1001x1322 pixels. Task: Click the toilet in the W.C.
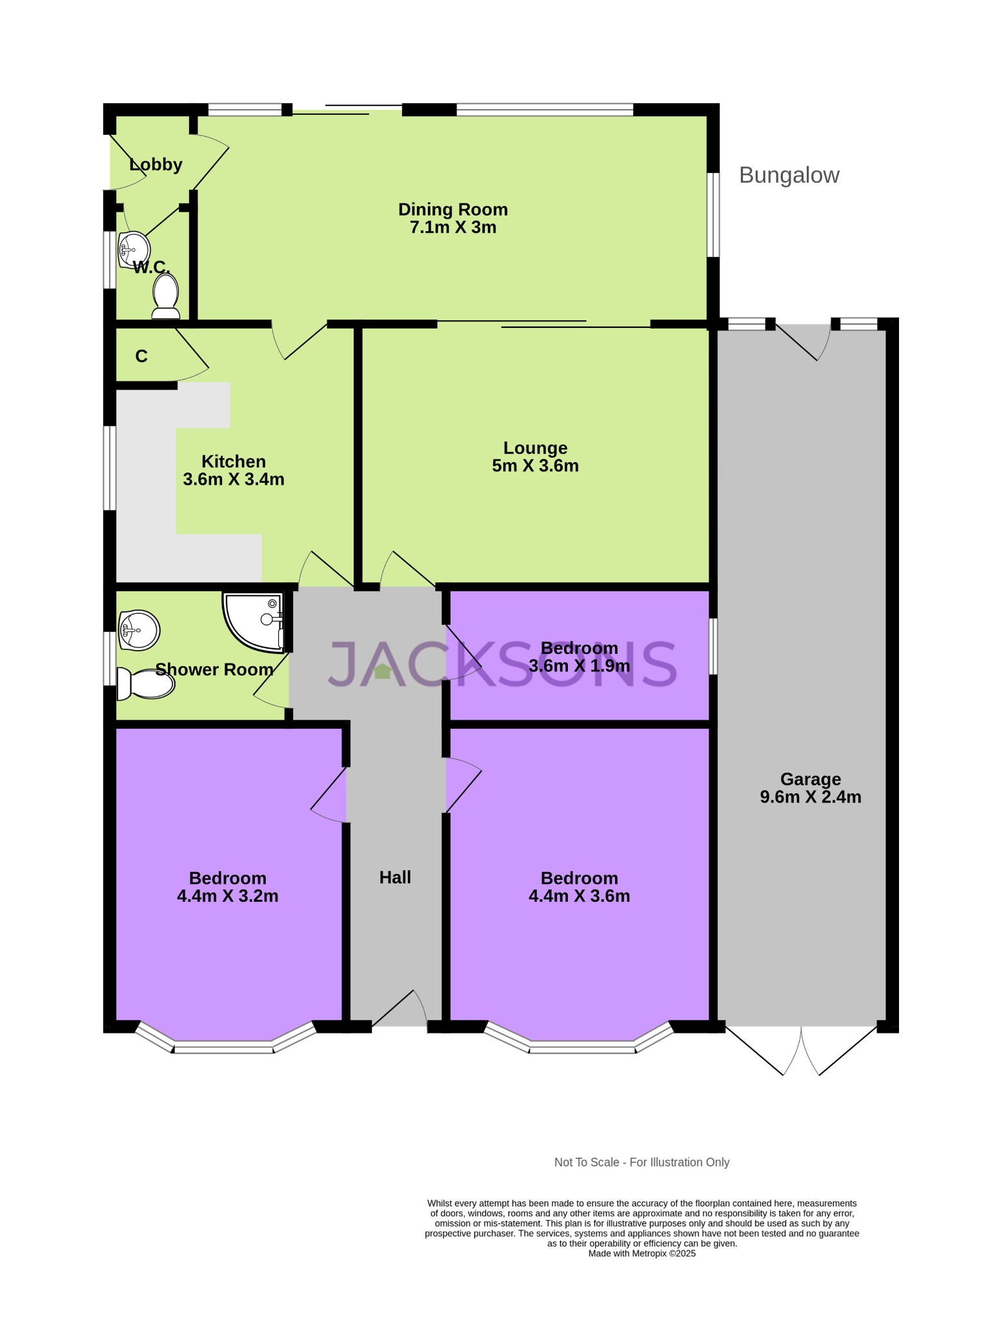pyautogui.click(x=166, y=297)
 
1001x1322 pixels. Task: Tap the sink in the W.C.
pyautogui.click(x=134, y=249)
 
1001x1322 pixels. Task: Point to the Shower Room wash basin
pyautogui.click(x=140, y=629)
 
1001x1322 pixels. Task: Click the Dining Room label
pyautogui.click(x=452, y=210)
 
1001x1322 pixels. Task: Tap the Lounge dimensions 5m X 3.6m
pyautogui.click(x=535, y=466)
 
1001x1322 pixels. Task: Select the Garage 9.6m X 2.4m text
pyautogui.click(x=810, y=797)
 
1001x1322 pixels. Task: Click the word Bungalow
pyautogui.click(x=789, y=176)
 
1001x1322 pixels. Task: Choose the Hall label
pyautogui.click(x=395, y=877)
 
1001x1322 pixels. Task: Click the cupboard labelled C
pyautogui.click(x=141, y=356)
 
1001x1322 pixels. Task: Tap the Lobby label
pyautogui.click(x=156, y=165)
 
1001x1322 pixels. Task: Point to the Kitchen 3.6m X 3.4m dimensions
pyautogui.click(x=234, y=480)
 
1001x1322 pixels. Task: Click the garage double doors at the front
pyautogui.click(x=801, y=1051)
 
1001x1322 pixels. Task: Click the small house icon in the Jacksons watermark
pyautogui.click(x=382, y=671)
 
